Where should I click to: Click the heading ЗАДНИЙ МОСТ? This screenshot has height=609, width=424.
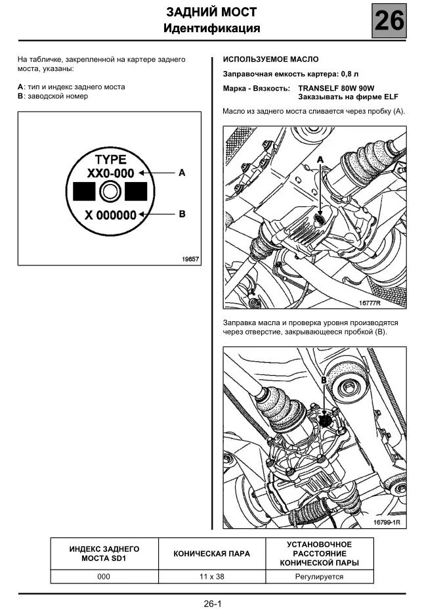tap(211, 12)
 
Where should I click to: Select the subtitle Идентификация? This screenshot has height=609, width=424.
tap(211, 28)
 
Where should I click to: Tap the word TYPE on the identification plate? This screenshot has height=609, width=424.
tap(110, 159)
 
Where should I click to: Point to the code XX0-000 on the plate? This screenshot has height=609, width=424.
tap(110, 173)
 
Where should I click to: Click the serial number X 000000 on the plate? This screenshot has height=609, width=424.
tap(110, 215)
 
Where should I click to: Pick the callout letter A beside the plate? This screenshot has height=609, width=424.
tap(182, 173)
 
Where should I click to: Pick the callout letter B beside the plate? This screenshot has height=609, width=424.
tap(182, 214)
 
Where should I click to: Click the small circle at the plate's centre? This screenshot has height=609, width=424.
tap(110, 192)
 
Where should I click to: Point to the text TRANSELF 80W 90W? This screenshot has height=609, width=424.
tap(336, 87)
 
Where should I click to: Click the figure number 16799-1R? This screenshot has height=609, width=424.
tap(387, 522)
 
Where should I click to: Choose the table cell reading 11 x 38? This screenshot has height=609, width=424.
tap(211, 576)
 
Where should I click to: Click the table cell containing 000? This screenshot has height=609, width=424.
tap(104, 576)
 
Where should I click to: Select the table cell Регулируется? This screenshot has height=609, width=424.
tap(319, 576)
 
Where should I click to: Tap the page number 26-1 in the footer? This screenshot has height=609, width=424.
tap(213, 602)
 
